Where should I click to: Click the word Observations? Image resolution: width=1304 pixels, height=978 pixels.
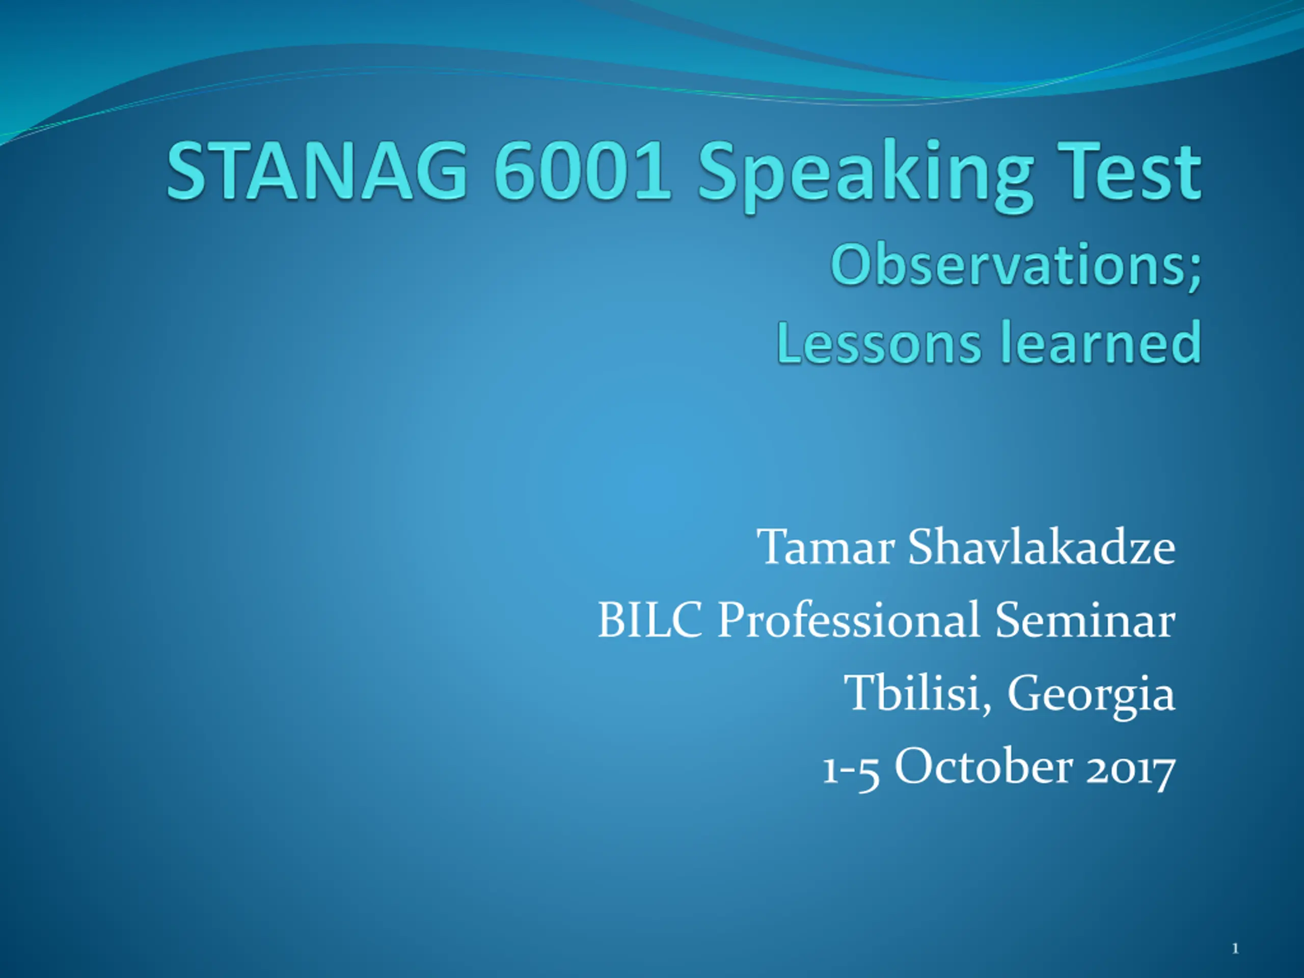(x=1009, y=266)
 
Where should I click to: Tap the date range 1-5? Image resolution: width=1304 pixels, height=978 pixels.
(x=851, y=770)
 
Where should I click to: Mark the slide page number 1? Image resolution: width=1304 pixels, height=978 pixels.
(x=1235, y=948)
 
